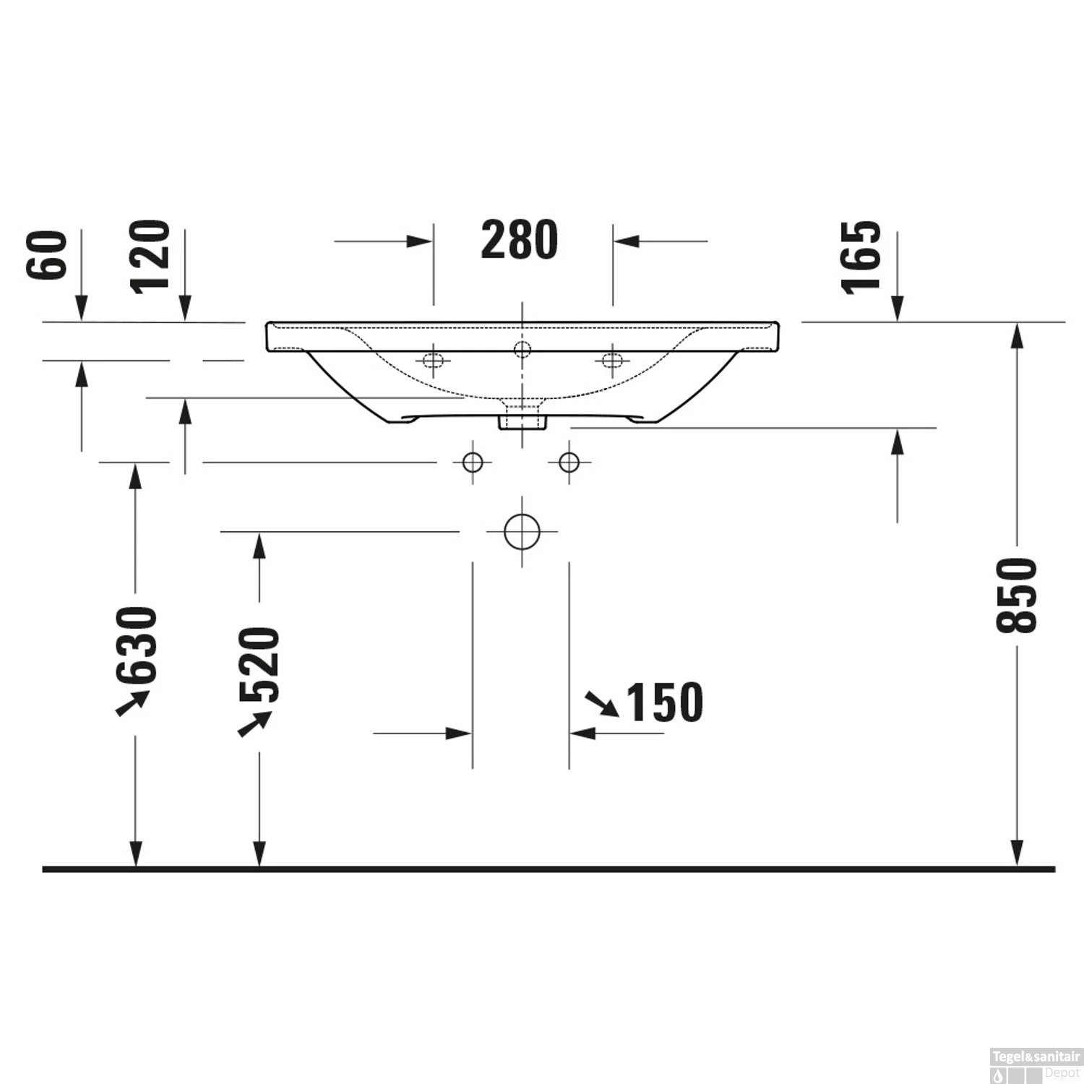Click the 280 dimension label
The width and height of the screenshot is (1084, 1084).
point(519,240)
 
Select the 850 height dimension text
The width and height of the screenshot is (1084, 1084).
point(1016,595)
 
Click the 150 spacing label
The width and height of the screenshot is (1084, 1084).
point(663,702)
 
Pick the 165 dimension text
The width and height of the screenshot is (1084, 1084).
point(862,257)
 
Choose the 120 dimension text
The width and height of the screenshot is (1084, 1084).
point(150,257)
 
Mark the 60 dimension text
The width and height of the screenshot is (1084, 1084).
point(47,255)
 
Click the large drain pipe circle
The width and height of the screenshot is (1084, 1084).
point(522,532)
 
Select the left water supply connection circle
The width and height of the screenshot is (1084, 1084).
point(473,462)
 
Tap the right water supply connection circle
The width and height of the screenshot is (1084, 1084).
point(569,462)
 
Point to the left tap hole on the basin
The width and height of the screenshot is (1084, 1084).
point(433,360)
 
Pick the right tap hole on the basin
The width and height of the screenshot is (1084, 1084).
point(612,360)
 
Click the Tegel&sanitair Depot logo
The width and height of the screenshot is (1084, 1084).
point(1035,1065)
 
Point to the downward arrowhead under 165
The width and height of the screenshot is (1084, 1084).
point(898,309)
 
